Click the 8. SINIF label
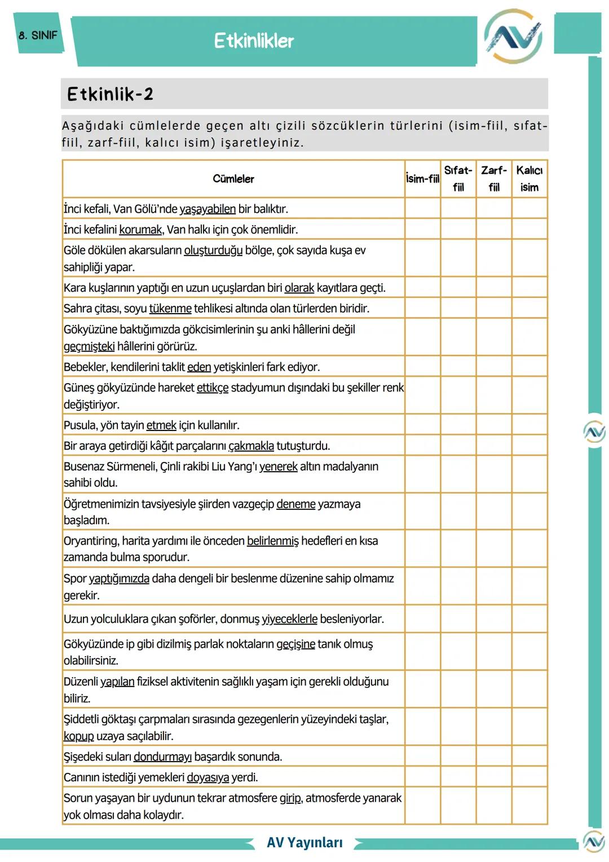38,35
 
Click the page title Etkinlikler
254,41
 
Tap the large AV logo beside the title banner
513,37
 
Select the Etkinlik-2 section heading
110,94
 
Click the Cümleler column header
233,179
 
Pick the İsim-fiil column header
422,179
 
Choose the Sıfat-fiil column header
458,179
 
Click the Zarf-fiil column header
494,179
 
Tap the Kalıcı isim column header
529,179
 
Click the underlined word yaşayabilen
208,209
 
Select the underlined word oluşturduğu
213,250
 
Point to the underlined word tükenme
170,309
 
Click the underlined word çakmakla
251,446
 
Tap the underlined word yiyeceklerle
289,619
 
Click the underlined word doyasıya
208,777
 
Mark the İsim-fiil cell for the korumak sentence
422,229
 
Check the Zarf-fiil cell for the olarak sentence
494,287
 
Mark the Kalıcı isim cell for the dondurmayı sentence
529,756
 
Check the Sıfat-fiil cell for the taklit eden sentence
458,366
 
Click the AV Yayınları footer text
304,843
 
